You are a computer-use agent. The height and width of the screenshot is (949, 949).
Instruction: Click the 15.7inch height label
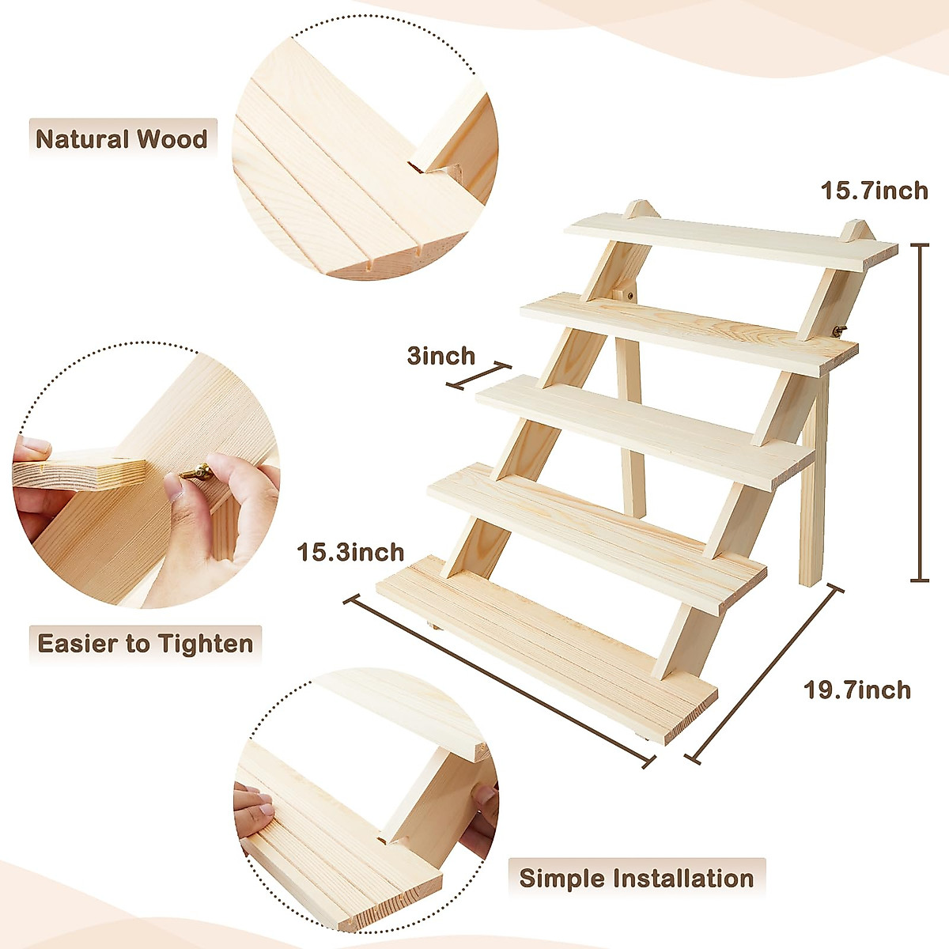click(x=874, y=191)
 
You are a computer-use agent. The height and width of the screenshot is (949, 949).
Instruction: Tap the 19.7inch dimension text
click(x=857, y=690)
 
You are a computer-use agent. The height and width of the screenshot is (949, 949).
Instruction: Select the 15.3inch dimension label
click(x=350, y=551)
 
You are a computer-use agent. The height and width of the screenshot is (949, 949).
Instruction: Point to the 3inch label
click(x=440, y=355)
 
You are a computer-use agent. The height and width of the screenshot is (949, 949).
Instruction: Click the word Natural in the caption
click(x=82, y=140)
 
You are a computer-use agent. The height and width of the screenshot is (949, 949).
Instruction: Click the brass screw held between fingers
click(x=196, y=473)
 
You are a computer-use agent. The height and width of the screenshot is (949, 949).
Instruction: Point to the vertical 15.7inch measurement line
click(x=920, y=411)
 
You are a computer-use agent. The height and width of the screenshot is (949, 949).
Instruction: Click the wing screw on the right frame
click(x=838, y=330)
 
